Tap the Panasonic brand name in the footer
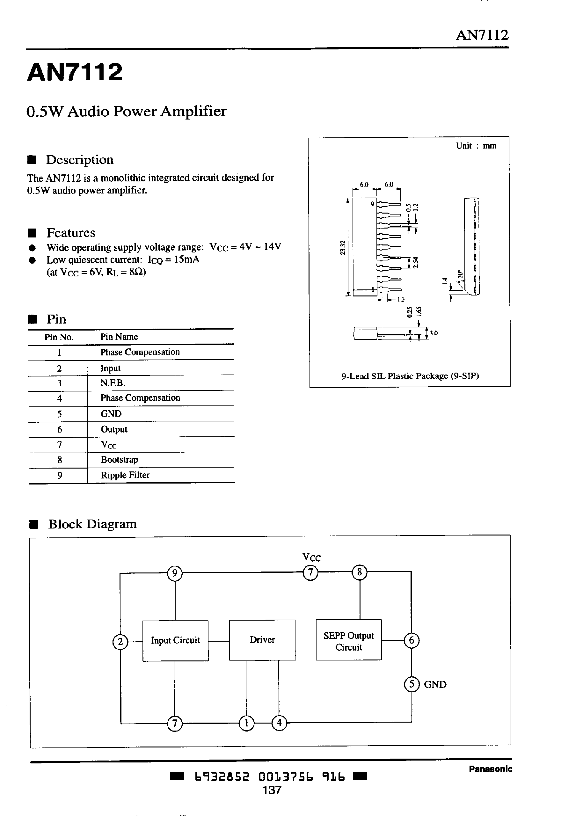tap(490, 769)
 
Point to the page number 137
tap(272, 790)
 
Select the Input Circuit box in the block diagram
tap(175, 640)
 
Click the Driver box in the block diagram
tap(262, 640)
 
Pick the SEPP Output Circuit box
tap(349, 640)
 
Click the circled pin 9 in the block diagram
tap(175, 573)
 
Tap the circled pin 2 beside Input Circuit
tap(120, 642)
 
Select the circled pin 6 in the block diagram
tap(412, 640)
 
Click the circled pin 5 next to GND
tap(412, 684)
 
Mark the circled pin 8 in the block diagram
tap(359, 572)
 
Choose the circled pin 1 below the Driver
tap(246, 723)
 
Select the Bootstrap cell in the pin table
tap(120, 460)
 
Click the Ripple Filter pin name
tap(125, 475)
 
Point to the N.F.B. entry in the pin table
tap(113, 383)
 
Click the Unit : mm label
tap(476, 146)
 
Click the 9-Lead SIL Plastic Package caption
tap(410, 376)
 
